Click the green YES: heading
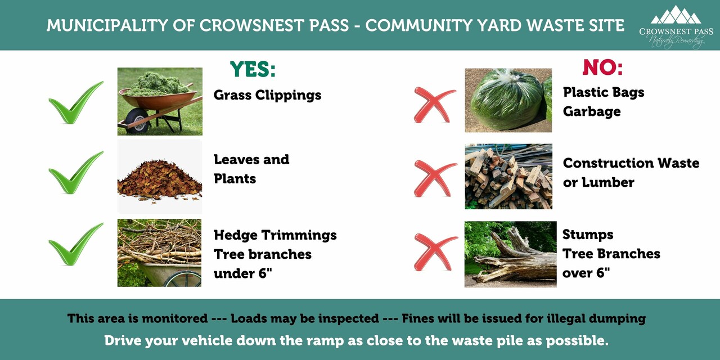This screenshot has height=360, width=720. click(253, 69)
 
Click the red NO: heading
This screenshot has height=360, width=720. click(602, 67)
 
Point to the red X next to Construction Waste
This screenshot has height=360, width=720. click(435, 178)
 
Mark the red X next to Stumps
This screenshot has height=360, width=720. click(435, 251)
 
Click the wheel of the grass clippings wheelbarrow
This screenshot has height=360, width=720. click(137, 121)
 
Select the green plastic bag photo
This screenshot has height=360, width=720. click(508, 100)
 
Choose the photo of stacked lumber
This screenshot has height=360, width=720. click(508, 177)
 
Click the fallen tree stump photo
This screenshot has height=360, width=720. click(510, 254)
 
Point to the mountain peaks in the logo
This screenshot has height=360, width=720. click(676, 15)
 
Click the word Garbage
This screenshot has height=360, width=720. click(592, 112)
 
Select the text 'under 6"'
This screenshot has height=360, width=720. click(242, 273)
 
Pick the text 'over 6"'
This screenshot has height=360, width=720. click(586, 273)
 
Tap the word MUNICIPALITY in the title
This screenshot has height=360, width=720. click(107, 25)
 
